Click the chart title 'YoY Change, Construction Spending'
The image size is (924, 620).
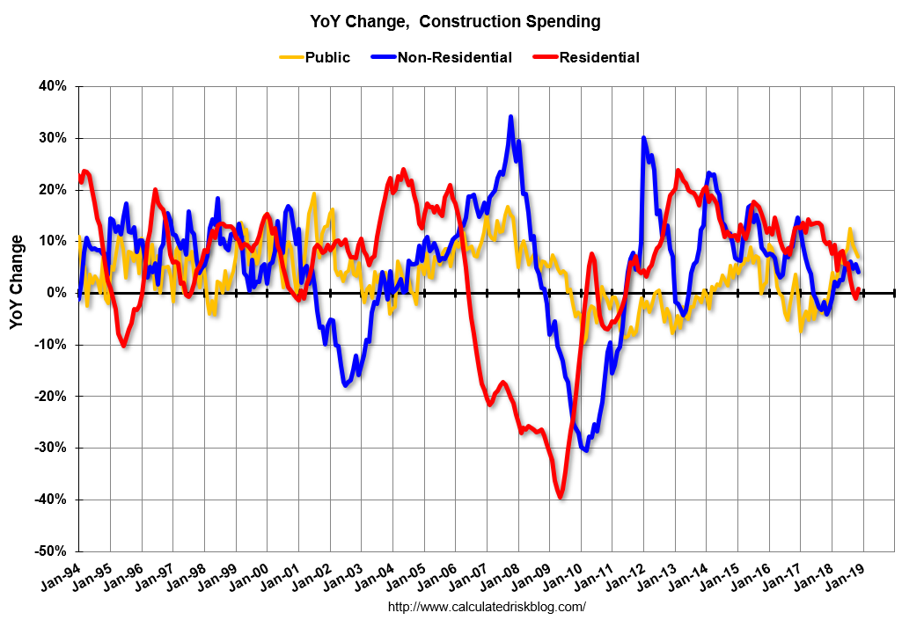pos(455,20)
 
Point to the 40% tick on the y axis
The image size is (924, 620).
pos(51,86)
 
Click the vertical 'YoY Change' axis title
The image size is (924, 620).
pos(18,282)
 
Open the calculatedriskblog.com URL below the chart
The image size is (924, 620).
pos(487,607)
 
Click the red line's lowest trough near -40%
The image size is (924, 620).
pos(560,498)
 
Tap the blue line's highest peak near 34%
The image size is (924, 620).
pos(510,117)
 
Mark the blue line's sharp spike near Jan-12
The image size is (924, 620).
pos(643,138)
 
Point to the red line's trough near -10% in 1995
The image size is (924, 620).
pos(124,345)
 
